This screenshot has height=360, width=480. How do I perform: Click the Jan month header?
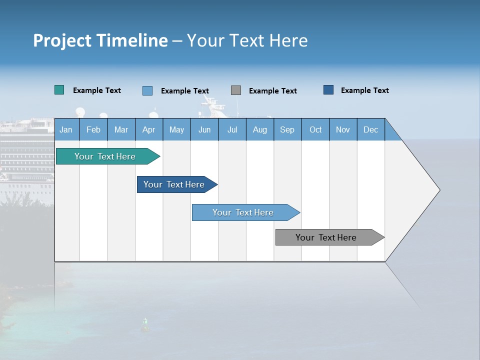66,130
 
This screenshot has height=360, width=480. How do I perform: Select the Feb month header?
93,130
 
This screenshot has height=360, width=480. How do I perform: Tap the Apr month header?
148,130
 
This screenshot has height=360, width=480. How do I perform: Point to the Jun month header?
204,130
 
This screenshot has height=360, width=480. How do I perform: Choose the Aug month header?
259,130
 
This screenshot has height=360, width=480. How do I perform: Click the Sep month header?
287,130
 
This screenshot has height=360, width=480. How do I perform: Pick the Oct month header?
315,130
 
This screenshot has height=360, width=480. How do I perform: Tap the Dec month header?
370,130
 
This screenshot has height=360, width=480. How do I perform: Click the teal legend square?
59,90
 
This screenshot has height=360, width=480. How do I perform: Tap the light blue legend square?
147,90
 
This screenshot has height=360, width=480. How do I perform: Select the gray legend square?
236,90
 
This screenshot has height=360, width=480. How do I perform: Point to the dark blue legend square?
328,90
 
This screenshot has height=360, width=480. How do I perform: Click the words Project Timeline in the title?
100,40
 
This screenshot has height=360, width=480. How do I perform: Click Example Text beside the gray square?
272,91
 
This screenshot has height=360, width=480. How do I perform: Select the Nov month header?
343,130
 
